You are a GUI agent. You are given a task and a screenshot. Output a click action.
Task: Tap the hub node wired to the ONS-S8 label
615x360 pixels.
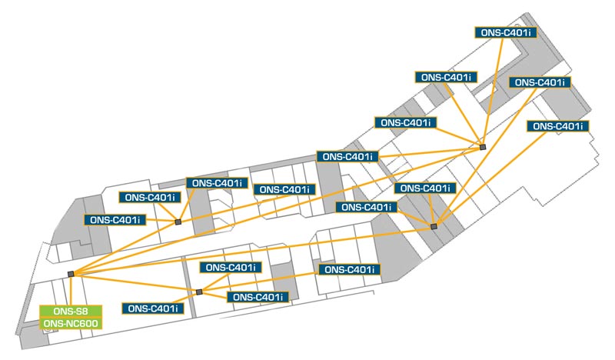[71, 274]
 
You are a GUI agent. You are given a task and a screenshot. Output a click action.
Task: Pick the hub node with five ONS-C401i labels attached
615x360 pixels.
[483, 147]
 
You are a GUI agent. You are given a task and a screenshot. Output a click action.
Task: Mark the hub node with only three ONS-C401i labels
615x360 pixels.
[178, 222]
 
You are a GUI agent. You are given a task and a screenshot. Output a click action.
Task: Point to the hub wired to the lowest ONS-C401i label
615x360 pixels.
[198, 292]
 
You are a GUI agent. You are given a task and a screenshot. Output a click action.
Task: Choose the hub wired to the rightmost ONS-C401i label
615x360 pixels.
[434, 226]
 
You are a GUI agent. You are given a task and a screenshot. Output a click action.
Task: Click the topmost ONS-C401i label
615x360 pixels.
[505, 33]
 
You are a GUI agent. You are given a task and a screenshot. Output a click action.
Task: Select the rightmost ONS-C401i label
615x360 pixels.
[558, 126]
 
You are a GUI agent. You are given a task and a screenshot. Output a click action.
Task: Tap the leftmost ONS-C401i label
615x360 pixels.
[115, 220]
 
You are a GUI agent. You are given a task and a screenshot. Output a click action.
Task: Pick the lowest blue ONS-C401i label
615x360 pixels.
[154, 308]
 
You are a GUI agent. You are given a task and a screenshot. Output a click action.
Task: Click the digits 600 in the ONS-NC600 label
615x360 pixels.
[86, 324]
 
